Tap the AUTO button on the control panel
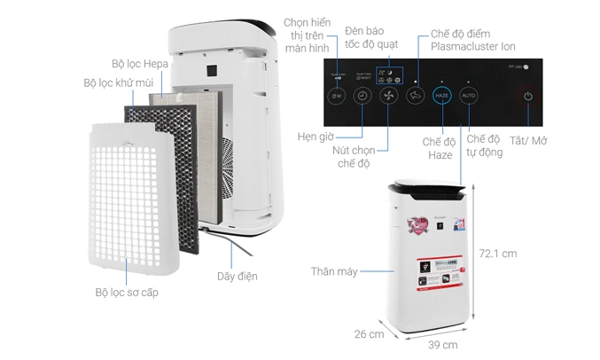click(x=470, y=95)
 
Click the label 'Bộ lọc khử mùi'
click(x=120, y=82)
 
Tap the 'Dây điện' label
click(x=238, y=277)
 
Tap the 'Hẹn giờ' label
click(x=316, y=137)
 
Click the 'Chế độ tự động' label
click(x=485, y=146)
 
